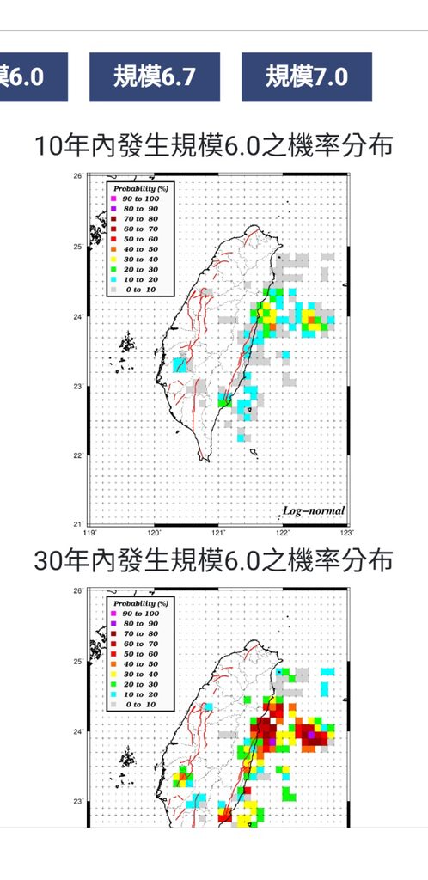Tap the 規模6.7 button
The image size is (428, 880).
[155, 76]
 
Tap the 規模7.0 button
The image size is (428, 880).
[307, 76]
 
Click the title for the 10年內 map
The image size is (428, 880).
[214, 145]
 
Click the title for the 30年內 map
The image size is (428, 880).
[214, 560]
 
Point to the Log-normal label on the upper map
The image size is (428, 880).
[314, 511]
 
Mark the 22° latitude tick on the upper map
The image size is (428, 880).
[79, 455]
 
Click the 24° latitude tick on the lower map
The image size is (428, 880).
[79, 732]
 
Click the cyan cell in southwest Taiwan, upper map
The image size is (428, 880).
[179, 364]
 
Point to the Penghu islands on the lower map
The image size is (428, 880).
[128, 759]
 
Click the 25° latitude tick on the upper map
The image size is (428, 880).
[79, 247]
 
